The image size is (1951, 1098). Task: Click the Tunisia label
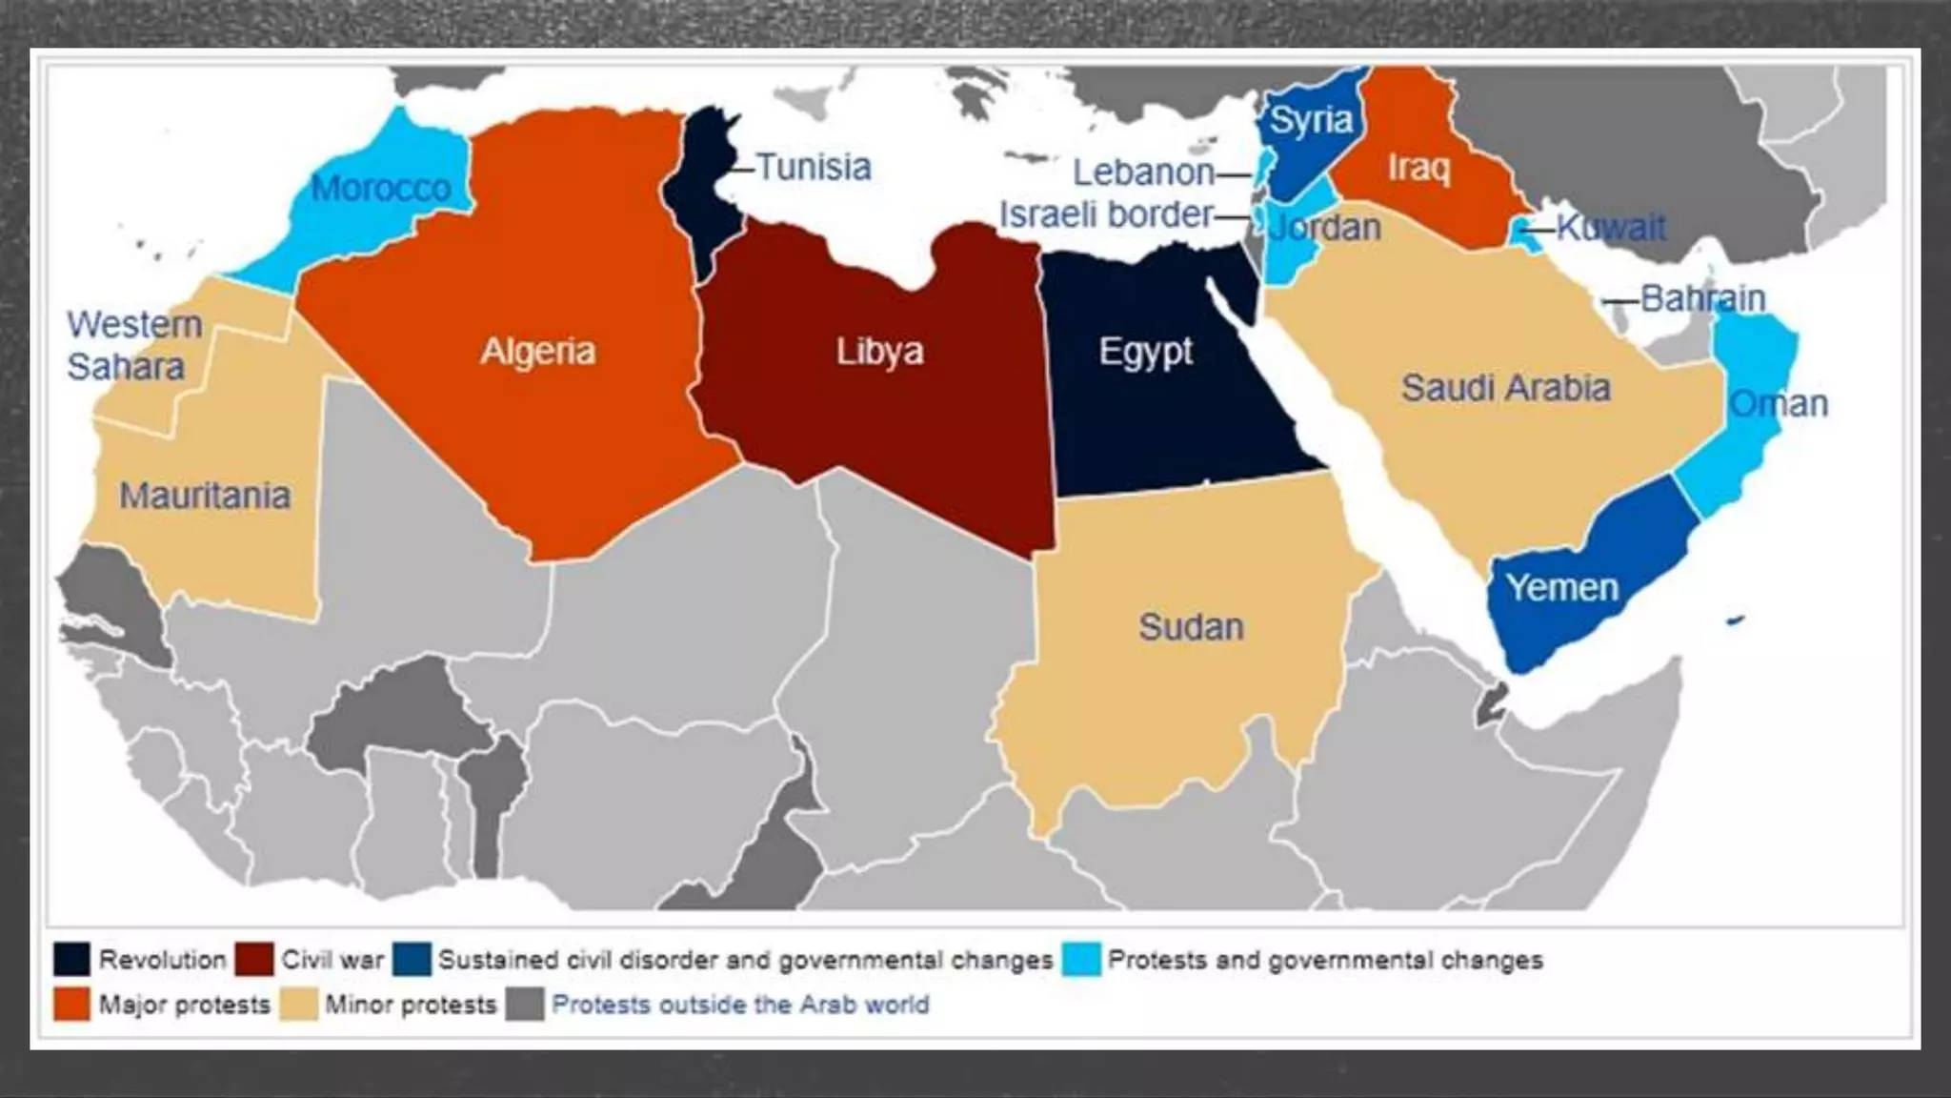pos(814,168)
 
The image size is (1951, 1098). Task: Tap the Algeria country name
pos(538,352)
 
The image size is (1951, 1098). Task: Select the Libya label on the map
pos(880,352)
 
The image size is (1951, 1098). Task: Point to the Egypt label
pos(1146,352)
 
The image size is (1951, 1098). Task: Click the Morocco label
pos(381,189)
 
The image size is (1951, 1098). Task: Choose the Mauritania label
pos(205,496)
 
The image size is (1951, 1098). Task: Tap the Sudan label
pos(1192,627)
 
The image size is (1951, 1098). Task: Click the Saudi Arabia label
pos(1506,388)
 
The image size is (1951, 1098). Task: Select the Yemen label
pos(1562,588)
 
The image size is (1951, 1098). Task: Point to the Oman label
pos(1779,404)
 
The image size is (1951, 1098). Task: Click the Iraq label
pos(1419,168)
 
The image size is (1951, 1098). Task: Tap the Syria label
pos(1312,121)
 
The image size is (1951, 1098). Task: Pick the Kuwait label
pos(1612,228)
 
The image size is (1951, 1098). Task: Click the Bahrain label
pos(1703,299)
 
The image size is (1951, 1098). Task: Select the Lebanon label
pos(1143,173)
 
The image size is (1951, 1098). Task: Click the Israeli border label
pos(1107,215)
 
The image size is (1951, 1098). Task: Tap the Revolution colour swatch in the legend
pos(72,960)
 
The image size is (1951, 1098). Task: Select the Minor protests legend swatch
pos(299,1005)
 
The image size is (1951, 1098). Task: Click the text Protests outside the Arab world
pos(740,1005)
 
